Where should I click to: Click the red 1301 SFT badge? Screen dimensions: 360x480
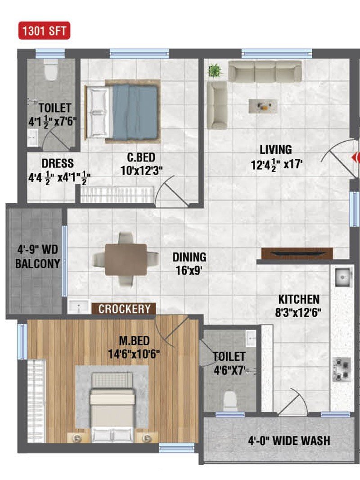(45, 31)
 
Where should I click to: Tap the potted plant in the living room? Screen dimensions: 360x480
(215, 71)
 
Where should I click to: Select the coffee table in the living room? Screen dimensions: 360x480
(263, 106)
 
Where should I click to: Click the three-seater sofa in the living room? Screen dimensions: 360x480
(265, 72)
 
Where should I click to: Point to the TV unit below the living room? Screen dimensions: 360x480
(297, 253)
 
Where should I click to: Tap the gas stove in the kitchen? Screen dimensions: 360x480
(342, 369)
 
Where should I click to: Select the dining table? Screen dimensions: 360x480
(126, 260)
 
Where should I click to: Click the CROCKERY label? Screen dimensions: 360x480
(124, 309)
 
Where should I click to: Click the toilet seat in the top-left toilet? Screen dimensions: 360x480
(51, 70)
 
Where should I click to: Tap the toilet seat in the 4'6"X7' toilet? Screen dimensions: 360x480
(230, 401)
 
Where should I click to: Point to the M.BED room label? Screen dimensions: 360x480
(134, 341)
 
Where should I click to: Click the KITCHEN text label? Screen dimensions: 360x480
(299, 299)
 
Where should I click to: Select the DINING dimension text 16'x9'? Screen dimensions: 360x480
(189, 271)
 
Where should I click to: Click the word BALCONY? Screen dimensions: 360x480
(37, 264)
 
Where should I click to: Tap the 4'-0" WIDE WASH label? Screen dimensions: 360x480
(289, 441)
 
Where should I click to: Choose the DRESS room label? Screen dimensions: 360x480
(58, 163)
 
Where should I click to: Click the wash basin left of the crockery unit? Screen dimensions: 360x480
(79, 306)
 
